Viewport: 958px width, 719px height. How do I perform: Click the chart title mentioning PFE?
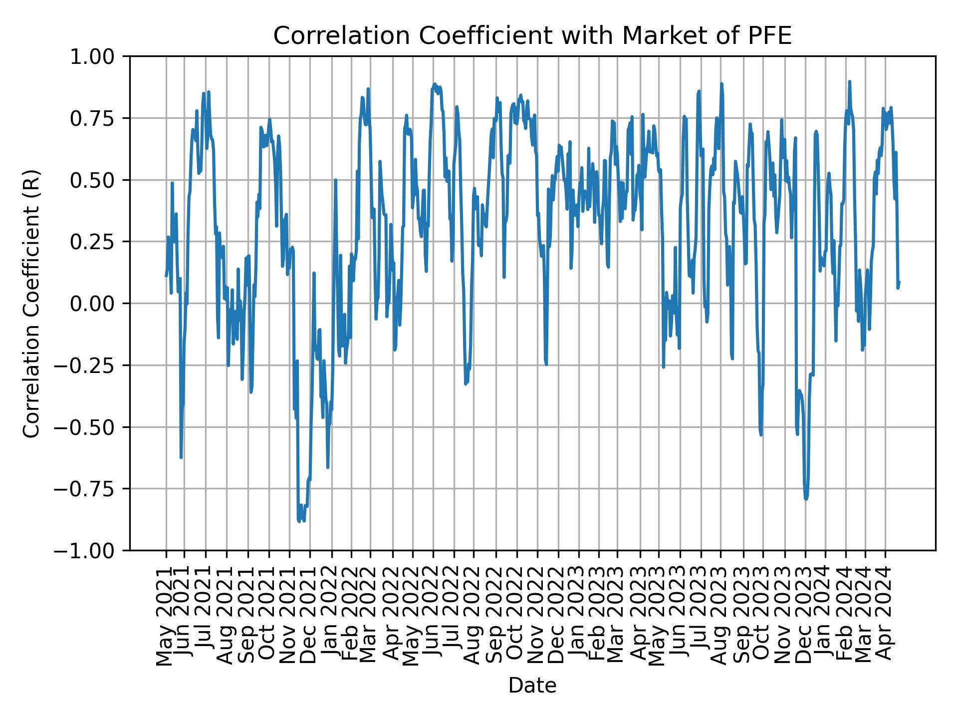click(x=532, y=36)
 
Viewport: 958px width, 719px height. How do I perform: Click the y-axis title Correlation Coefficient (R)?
click(x=31, y=303)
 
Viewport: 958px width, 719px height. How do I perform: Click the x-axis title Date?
click(x=532, y=686)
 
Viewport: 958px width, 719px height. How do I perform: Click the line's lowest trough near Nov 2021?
click(x=299, y=521)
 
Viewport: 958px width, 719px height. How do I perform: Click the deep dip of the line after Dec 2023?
click(x=806, y=498)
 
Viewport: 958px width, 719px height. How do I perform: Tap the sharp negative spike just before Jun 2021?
click(x=181, y=457)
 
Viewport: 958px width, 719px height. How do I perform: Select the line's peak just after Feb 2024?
click(x=849, y=82)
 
